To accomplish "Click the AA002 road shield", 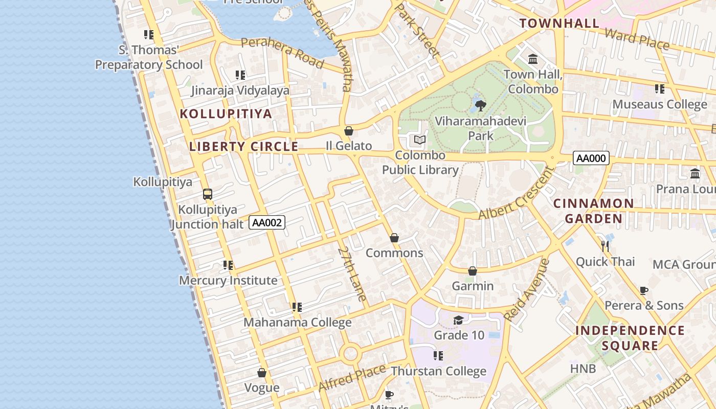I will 267,222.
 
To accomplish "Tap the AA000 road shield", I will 591,158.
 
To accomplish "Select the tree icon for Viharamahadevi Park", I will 480,106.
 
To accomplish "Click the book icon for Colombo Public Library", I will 420,140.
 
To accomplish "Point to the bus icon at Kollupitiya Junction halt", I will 207,194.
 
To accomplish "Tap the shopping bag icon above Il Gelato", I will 349,131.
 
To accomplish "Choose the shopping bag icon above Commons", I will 394,238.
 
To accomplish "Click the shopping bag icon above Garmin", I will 473,271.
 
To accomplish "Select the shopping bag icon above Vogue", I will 262,373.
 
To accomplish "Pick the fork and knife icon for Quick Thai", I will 606,246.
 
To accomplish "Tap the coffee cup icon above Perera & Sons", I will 644,290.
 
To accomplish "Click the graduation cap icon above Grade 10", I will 458,320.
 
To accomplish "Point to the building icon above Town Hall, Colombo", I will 533,59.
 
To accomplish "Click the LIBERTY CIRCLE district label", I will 243,146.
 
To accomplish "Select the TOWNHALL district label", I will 560,23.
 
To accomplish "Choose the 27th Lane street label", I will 352,274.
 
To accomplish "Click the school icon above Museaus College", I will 660,89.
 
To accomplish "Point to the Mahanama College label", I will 297,323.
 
